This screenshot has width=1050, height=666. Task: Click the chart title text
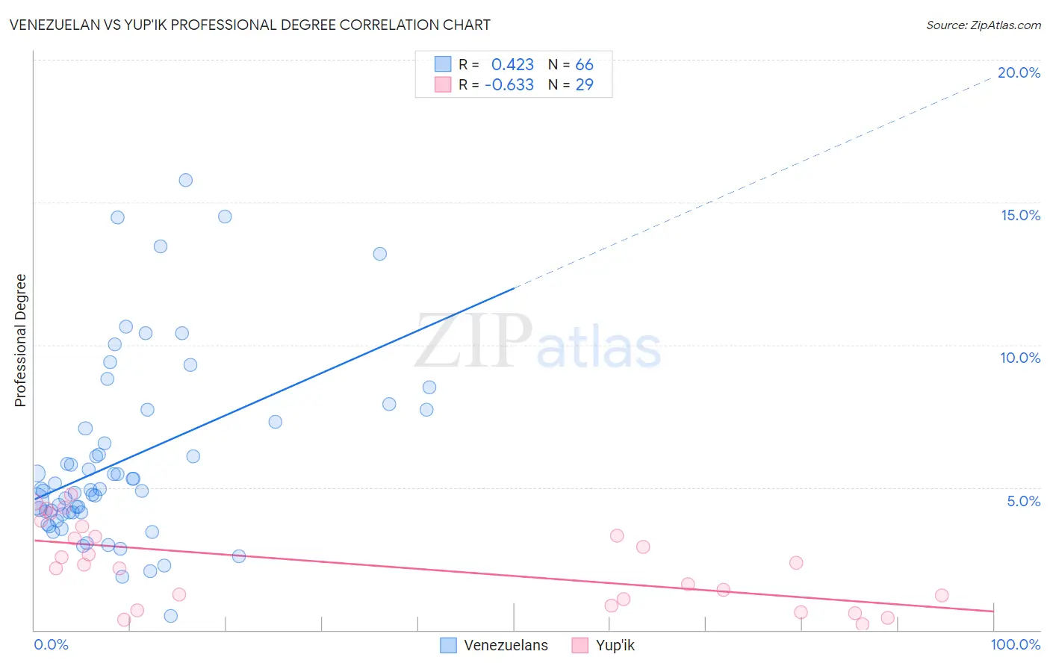250,25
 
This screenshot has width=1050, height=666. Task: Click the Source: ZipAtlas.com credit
983,25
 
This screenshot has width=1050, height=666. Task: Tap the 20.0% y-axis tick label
1019,72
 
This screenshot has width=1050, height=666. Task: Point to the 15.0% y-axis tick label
1020,215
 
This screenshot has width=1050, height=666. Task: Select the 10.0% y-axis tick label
1020,358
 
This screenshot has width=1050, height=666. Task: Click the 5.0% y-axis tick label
1023,501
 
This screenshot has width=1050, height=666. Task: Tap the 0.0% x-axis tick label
51,644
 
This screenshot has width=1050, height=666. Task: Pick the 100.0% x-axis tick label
1015,644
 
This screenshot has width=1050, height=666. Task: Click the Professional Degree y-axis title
20,340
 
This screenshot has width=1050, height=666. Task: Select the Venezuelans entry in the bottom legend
506,645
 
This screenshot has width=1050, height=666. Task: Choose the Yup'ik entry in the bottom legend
615,645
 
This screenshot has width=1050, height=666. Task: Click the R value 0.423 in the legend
512,65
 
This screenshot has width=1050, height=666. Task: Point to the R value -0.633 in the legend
509,85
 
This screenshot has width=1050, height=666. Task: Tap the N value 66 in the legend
584,65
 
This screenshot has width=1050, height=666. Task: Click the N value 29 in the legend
584,85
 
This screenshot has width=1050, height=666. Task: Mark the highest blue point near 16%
186,180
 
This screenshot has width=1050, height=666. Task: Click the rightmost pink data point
942,595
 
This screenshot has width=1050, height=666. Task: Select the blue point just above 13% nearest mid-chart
380,254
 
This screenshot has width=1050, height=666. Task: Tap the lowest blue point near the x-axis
171,616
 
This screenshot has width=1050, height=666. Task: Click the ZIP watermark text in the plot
473,341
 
